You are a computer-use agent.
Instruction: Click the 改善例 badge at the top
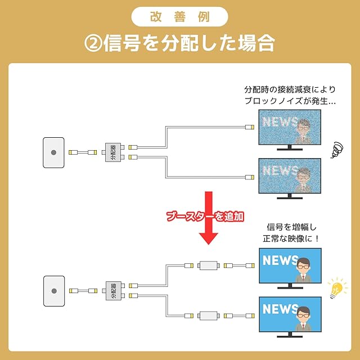coord(179,16)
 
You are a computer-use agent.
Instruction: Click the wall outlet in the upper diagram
coord(53,152)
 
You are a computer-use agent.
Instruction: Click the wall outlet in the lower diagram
coord(53,291)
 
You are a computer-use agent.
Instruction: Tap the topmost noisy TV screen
coord(289,126)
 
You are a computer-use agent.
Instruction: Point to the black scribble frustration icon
coord(336,150)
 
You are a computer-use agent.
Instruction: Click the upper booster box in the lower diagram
coord(209,264)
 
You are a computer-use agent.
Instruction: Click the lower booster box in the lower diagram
coord(209,316)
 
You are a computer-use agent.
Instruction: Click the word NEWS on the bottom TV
coord(280,309)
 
